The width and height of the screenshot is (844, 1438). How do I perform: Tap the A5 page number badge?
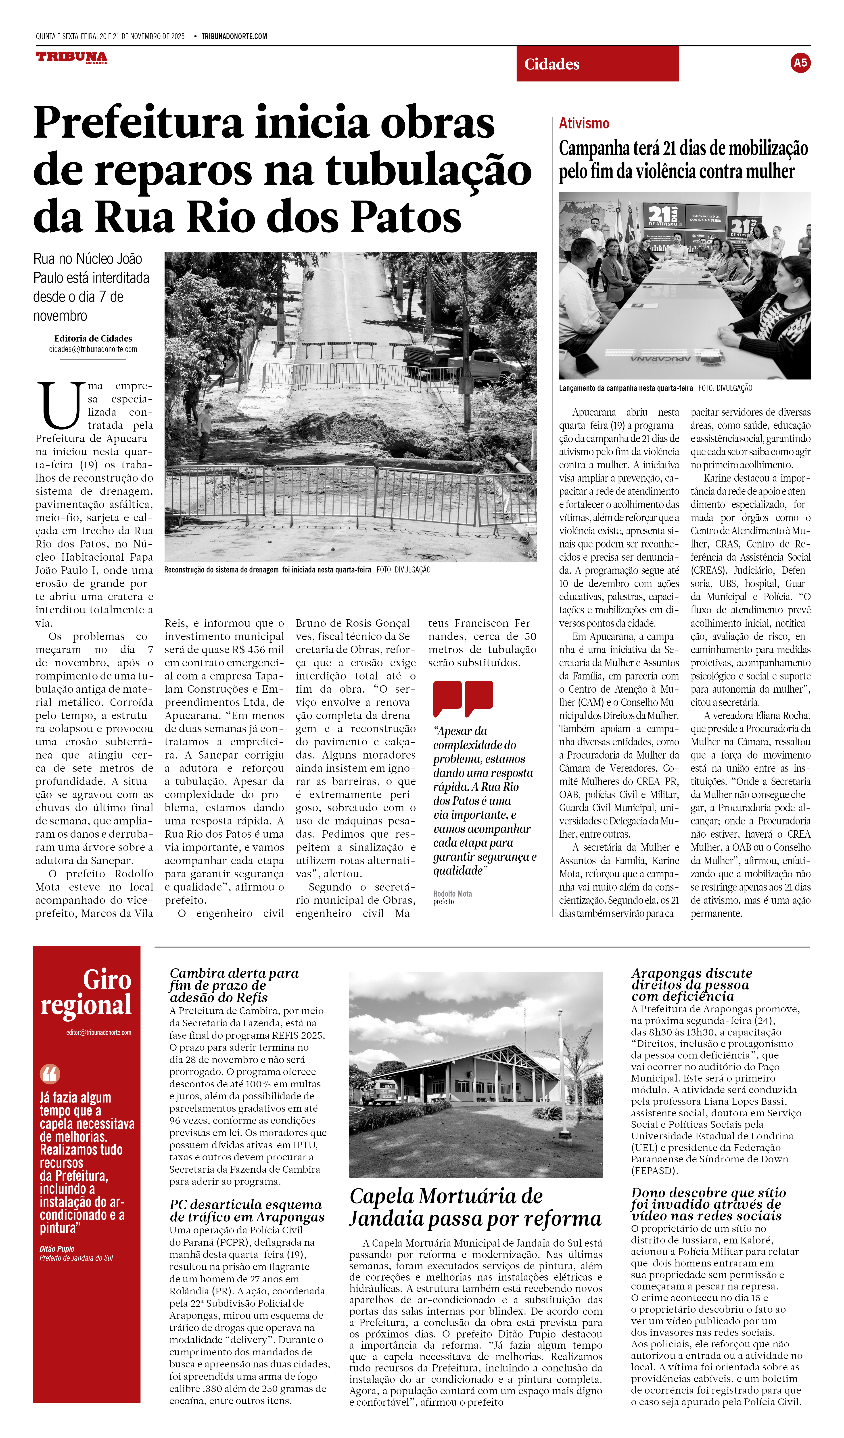click(800, 63)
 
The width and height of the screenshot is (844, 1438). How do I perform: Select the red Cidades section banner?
click(597, 64)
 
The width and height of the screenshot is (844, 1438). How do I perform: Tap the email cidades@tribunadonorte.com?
click(93, 349)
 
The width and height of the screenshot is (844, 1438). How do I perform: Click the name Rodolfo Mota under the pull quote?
click(452, 894)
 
